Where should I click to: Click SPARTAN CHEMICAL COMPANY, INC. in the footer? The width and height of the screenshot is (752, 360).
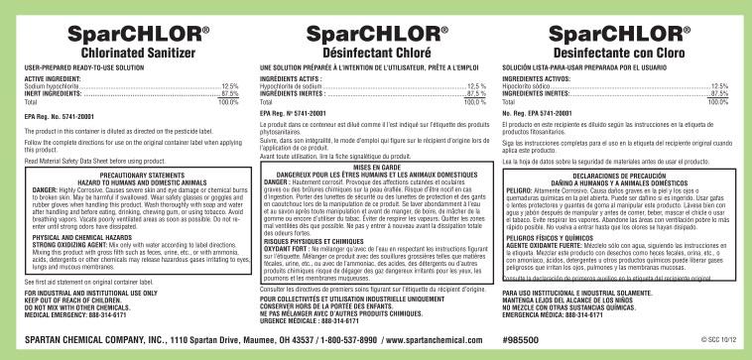(x=95, y=338)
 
